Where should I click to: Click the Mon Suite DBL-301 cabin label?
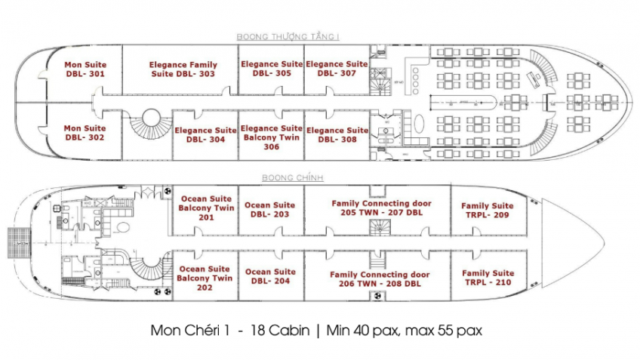click(x=85, y=69)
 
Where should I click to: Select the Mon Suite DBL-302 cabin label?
click(x=85, y=133)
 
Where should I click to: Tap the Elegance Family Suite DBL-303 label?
click(x=182, y=69)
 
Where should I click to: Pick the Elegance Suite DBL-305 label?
click(x=272, y=69)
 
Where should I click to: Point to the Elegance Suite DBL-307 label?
click(x=337, y=69)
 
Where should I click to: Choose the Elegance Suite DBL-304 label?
click(x=205, y=135)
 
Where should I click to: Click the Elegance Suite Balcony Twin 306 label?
click(x=272, y=137)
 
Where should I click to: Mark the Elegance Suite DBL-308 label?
click(x=337, y=135)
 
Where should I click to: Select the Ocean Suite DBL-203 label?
click(x=270, y=210)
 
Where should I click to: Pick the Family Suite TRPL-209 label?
click(x=487, y=210)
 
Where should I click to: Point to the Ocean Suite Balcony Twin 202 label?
click(x=205, y=278)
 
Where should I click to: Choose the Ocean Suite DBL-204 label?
click(x=270, y=276)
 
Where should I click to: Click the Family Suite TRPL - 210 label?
click(x=487, y=278)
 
